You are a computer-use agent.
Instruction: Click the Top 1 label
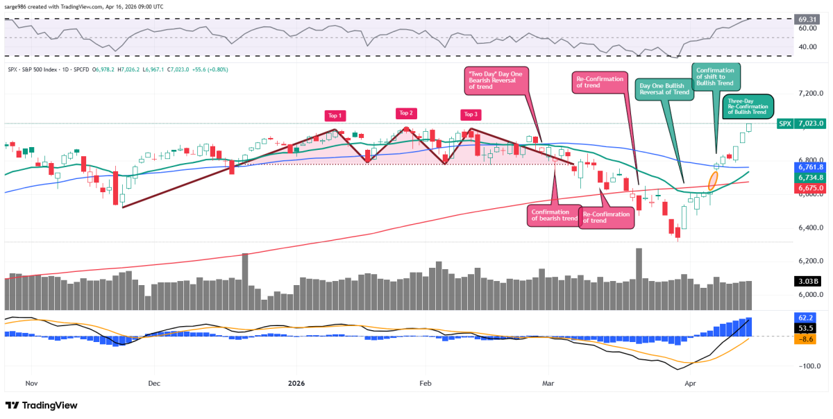[337, 115]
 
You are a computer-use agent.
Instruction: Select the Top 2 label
[405, 112]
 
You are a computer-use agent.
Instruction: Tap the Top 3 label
[471, 114]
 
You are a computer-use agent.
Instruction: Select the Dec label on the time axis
[153, 383]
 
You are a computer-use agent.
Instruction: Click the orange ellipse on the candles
[713, 181]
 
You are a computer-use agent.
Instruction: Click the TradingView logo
[42, 406]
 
